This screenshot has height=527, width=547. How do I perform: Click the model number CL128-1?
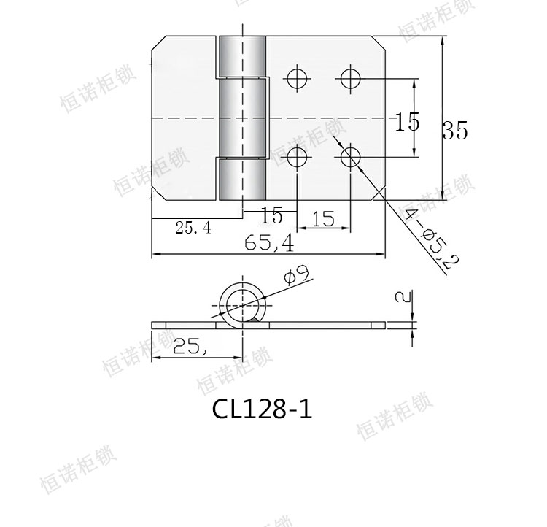point(262,408)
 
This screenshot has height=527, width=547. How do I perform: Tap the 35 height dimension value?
point(455,131)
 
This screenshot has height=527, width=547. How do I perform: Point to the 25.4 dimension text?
point(193,228)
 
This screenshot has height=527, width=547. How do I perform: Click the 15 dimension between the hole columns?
point(322,219)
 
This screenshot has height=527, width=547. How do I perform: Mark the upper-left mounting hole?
point(297,78)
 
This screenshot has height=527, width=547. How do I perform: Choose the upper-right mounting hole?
point(350,78)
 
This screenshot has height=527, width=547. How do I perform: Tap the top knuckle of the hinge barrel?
point(241,55)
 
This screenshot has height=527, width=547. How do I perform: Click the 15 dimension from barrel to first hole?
point(271,216)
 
